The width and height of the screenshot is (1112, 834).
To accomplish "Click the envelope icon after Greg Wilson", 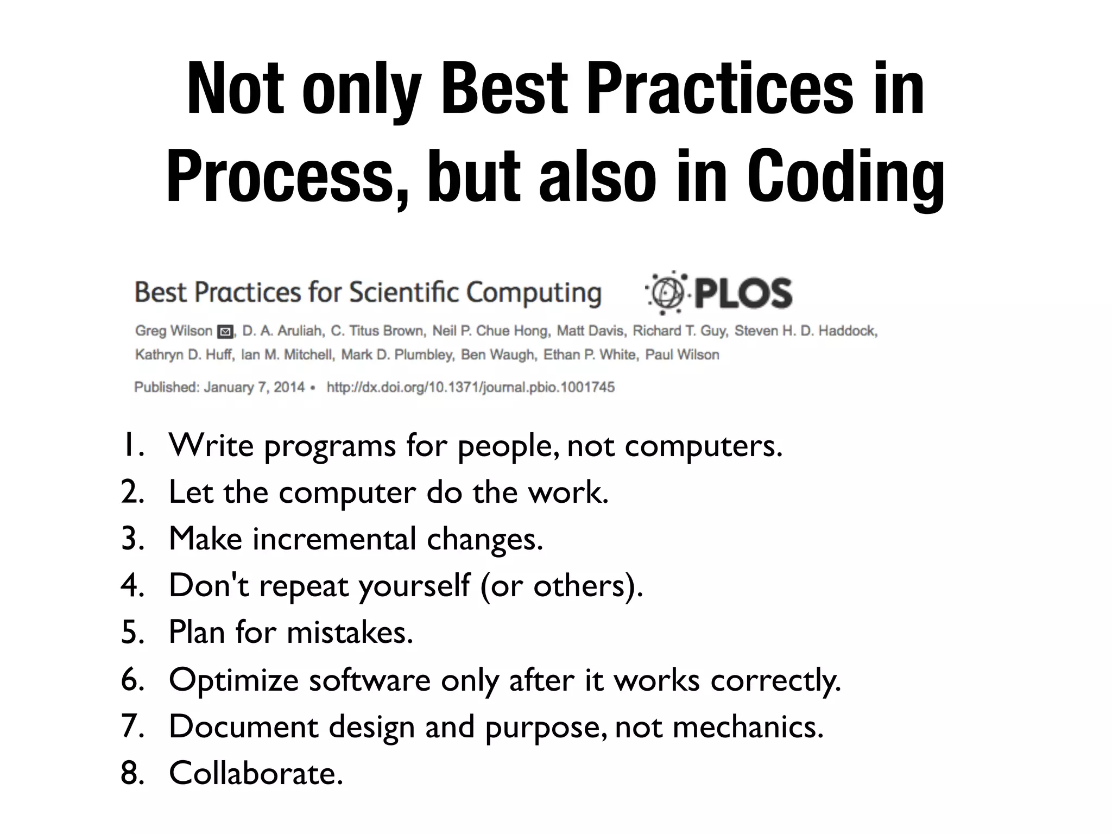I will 225,331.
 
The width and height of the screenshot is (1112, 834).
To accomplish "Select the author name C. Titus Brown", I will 378,331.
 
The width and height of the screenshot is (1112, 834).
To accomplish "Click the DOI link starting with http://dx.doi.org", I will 470,387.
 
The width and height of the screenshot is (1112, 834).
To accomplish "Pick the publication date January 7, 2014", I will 254,387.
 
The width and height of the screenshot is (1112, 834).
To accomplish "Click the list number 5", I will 132,633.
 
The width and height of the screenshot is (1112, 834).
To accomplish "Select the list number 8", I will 132,773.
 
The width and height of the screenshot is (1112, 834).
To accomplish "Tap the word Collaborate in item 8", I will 256,773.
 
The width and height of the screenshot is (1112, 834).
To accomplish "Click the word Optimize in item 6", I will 233,680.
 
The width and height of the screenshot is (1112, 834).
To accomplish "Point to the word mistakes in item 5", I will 349,633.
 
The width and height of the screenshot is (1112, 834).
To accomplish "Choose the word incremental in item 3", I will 334,539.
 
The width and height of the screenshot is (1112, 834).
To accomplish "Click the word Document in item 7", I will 243,726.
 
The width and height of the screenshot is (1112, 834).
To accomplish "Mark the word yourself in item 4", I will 414,586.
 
